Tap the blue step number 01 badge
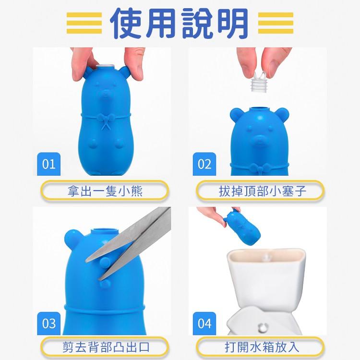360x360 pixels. point(48,164)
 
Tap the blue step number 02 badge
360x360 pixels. point(204,164)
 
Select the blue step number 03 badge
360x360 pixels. point(48,323)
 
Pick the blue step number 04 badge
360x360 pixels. point(204,323)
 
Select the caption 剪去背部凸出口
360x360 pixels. point(105,347)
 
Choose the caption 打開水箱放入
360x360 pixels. point(260,347)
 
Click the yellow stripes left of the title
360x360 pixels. point(84,23)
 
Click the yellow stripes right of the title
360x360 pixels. point(276,23)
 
